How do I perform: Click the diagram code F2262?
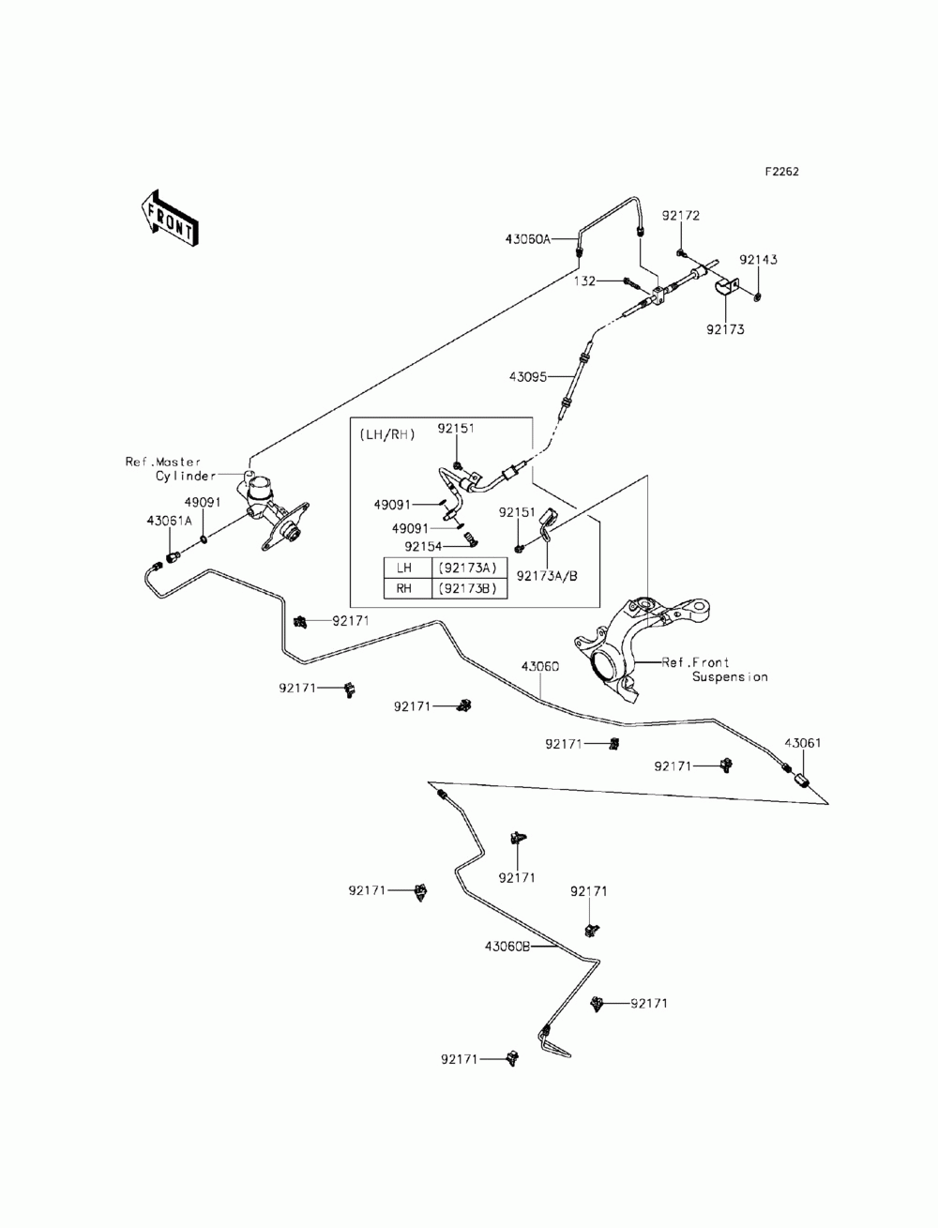click(781, 172)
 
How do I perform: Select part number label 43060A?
click(527, 239)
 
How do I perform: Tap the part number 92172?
click(681, 216)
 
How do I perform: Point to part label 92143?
click(758, 260)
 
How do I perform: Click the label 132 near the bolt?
click(584, 281)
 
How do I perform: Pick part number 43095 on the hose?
click(527, 377)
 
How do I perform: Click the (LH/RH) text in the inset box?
click(387, 434)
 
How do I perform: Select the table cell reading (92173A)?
click(468, 568)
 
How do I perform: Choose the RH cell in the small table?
click(404, 588)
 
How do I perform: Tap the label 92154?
click(423, 546)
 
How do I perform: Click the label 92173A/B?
click(547, 576)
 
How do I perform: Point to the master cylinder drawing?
click(274, 510)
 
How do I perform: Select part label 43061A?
click(169, 521)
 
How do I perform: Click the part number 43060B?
click(507, 946)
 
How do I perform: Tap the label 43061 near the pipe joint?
click(803, 743)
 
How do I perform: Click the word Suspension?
click(730, 677)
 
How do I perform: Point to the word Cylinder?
click(186, 476)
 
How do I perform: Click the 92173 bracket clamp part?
click(726, 288)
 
